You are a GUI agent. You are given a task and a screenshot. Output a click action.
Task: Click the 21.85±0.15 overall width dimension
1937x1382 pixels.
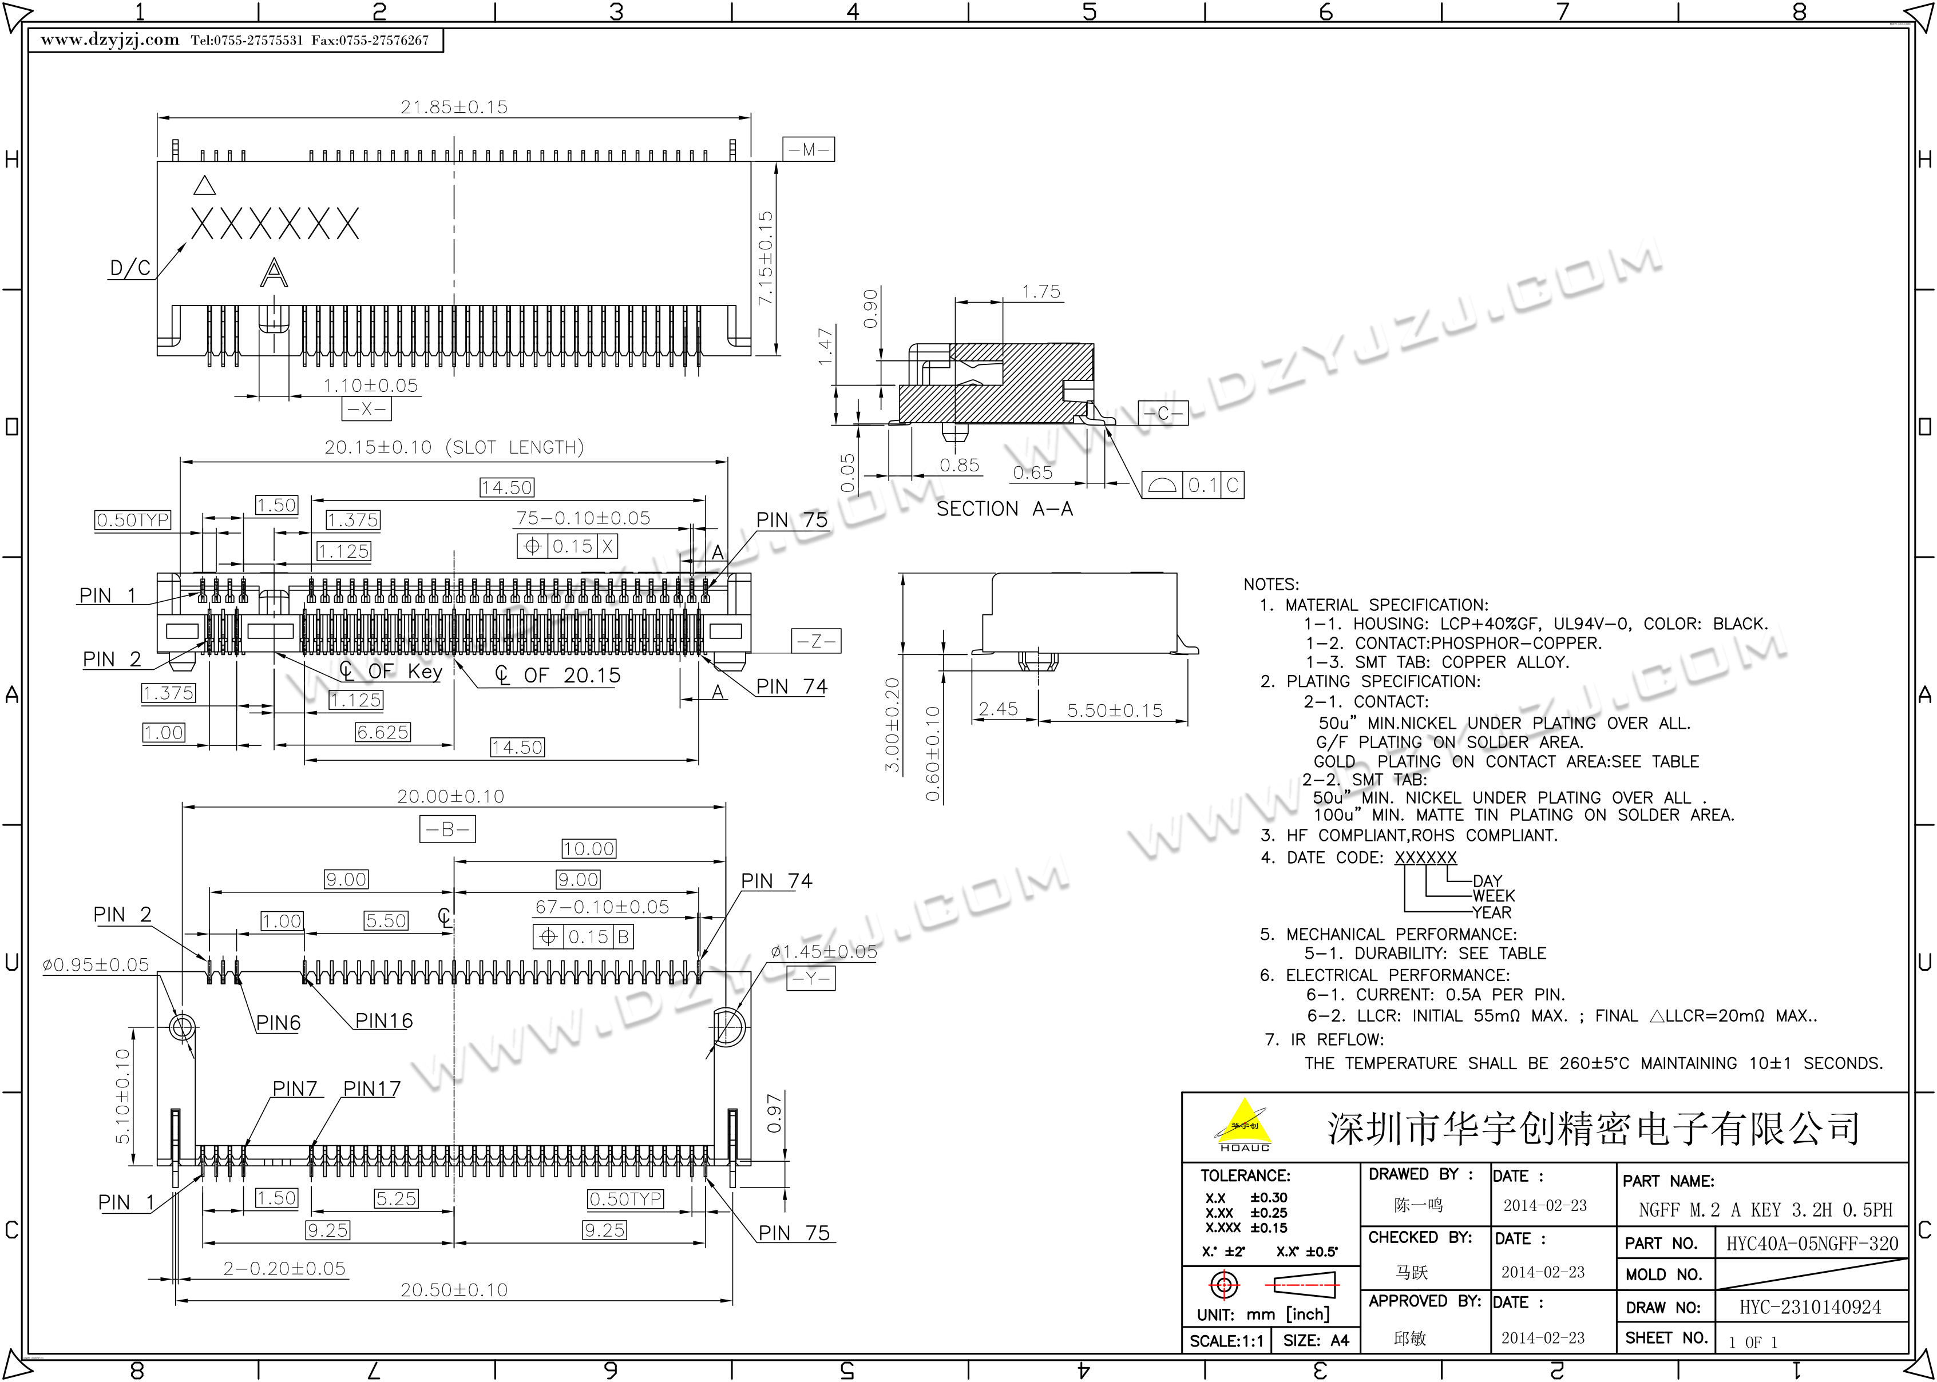pos(454,107)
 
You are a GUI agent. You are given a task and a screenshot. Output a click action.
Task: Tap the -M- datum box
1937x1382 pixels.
pos(809,150)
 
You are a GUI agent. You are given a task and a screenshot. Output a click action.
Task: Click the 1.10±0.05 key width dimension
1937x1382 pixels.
pos(370,386)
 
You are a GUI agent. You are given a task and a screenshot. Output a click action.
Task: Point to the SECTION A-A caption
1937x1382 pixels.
pos(1004,509)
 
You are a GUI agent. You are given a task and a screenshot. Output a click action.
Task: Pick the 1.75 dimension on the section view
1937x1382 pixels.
pos(1041,292)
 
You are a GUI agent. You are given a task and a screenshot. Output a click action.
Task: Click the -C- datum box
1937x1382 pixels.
pos(1163,414)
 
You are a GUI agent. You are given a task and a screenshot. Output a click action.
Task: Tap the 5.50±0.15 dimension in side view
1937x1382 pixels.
pos(1115,710)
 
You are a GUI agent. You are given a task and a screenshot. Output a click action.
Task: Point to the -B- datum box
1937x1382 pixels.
pos(447,829)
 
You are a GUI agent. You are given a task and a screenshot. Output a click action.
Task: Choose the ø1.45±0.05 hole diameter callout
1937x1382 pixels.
pos(823,951)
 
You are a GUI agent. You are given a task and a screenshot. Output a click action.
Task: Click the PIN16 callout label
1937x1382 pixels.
pos(384,1020)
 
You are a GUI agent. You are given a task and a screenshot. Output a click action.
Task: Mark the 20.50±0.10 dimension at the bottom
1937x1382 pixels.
pos(454,1290)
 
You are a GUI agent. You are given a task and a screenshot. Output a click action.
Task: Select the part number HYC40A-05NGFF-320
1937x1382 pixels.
pos(1812,1244)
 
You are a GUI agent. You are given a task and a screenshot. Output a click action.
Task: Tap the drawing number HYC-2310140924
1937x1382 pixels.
pos(1810,1307)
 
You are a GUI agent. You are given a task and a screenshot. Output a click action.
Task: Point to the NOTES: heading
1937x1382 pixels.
pos(1270,585)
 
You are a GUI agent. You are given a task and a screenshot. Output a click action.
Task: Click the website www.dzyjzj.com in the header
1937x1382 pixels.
pos(110,40)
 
